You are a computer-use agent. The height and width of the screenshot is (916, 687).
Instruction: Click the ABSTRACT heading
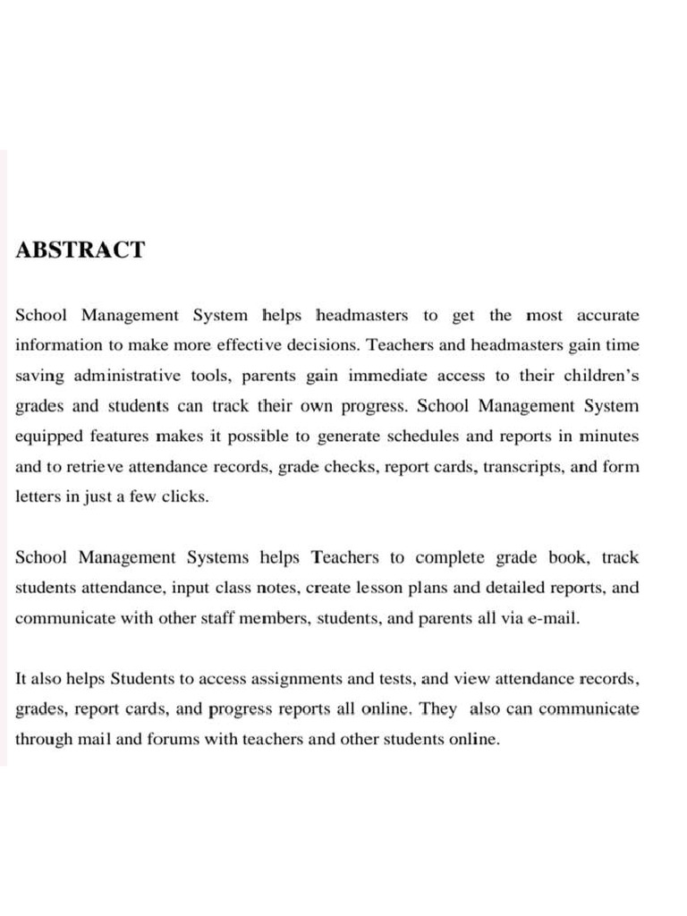pos(80,250)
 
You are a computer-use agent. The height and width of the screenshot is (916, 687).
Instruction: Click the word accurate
pos(607,316)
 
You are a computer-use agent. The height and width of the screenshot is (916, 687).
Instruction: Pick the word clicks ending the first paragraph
pos(187,497)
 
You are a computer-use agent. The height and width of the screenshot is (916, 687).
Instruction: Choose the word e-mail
pos(550,619)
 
